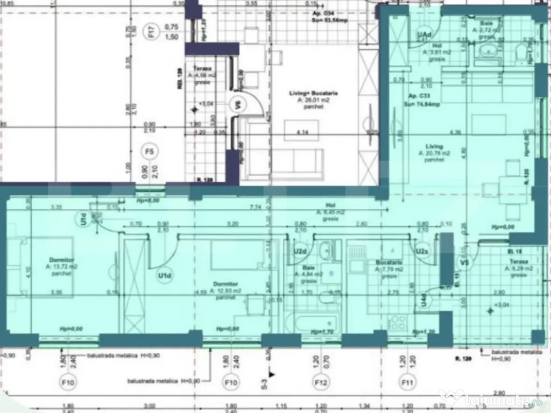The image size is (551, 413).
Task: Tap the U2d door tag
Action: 300,251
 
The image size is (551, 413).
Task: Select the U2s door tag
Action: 421,251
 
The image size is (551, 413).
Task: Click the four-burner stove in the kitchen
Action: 397,323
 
